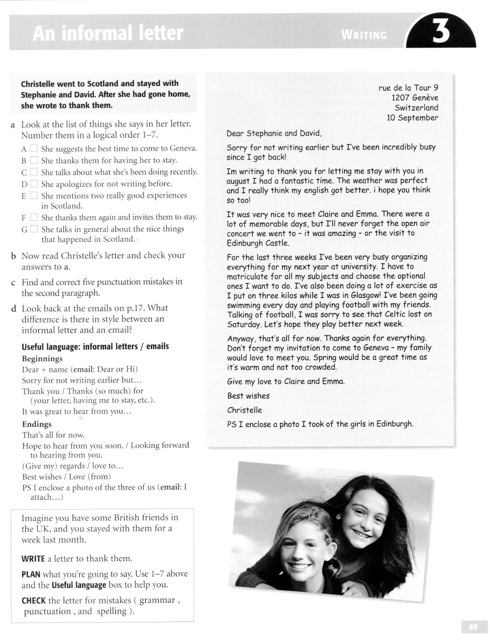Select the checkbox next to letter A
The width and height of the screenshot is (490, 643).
pos(33,148)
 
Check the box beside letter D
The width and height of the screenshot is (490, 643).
pos(33,184)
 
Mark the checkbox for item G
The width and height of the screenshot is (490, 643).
pos(33,229)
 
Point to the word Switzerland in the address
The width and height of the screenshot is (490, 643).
pos(416,107)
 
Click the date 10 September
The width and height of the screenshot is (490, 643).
pos(413,118)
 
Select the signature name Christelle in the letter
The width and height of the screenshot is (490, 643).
pos(245,410)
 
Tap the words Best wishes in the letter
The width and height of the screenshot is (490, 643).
pos(248,396)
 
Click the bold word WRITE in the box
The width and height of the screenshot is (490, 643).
pos(33,559)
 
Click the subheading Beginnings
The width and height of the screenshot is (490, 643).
pos(43,359)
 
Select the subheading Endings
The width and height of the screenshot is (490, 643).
pos(37,424)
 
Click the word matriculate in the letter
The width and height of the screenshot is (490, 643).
pos(248,276)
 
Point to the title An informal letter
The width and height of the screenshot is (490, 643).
pos(107,34)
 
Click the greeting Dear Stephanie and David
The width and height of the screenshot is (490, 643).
pos(274,133)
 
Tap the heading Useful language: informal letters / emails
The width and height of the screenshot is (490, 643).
pos(95,346)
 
